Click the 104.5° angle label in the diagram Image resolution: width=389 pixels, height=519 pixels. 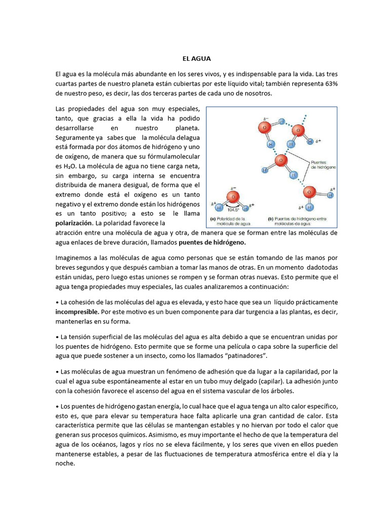(234, 209)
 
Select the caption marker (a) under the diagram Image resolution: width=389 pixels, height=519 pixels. (213, 219)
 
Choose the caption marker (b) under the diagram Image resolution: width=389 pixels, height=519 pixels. (270, 219)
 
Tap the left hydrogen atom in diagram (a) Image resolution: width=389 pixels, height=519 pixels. (219, 207)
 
